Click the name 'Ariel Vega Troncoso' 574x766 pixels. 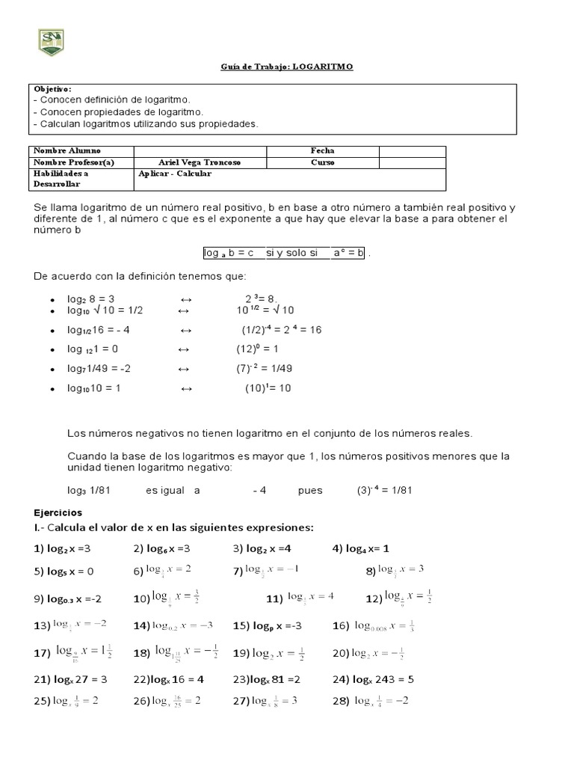(200, 162)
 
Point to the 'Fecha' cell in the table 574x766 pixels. (322, 151)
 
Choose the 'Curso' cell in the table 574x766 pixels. (322, 162)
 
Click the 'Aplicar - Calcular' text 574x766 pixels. (175, 174)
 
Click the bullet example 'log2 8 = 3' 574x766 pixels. (93, 298)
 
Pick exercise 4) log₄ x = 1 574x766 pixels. (362, 548)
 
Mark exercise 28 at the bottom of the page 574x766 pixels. (370, 701)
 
